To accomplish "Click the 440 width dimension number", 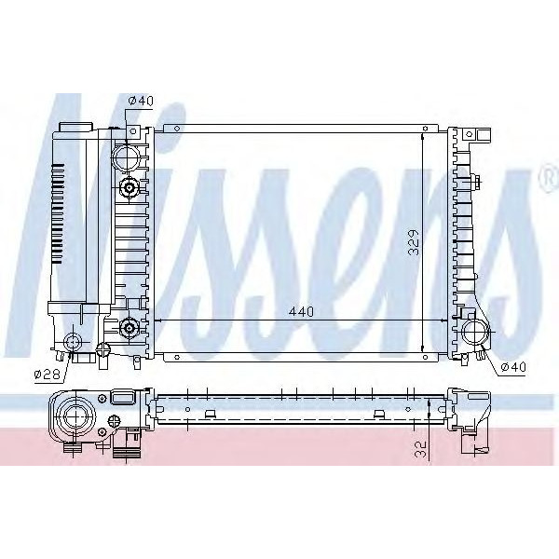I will [x=301, y=311].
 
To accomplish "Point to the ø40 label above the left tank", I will [x=140, y=100].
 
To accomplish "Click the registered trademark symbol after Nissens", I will [x=544, y=175].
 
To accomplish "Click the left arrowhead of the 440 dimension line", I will [x=157, y=320].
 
